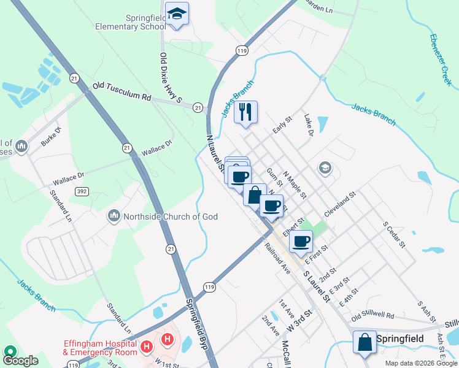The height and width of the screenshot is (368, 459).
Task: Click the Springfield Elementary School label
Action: (130, 23)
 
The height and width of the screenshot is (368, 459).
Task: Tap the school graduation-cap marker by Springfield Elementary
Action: (177, 15)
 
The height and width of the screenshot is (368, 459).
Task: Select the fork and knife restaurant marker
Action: (245, 112)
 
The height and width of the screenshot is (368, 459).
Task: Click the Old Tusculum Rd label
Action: (121, 92)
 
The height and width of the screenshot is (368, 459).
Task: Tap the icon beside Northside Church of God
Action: (114, 215)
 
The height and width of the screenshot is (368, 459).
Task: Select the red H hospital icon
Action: (166, 339)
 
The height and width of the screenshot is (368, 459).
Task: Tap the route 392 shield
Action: (81, 191)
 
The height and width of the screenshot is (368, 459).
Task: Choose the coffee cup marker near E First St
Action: (301, 242)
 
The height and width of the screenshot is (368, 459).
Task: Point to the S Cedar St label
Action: (394, 235)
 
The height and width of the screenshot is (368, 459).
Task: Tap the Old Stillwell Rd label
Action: (372, 316)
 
